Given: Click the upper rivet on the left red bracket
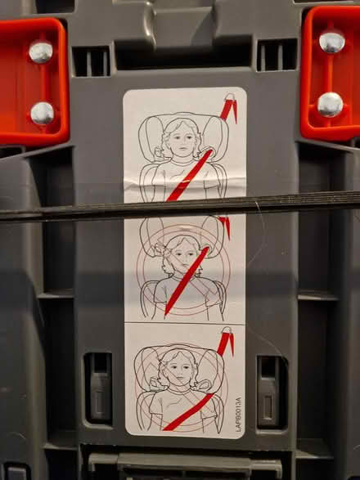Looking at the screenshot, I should click(41, 52).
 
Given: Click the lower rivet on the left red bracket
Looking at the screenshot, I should click(43, 113).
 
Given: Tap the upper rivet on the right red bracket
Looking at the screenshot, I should click(331, 43).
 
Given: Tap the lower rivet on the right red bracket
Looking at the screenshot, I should click(330, 104).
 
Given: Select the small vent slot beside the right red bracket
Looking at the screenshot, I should click(277, 55).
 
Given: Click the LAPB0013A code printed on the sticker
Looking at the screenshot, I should click(238, 413).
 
